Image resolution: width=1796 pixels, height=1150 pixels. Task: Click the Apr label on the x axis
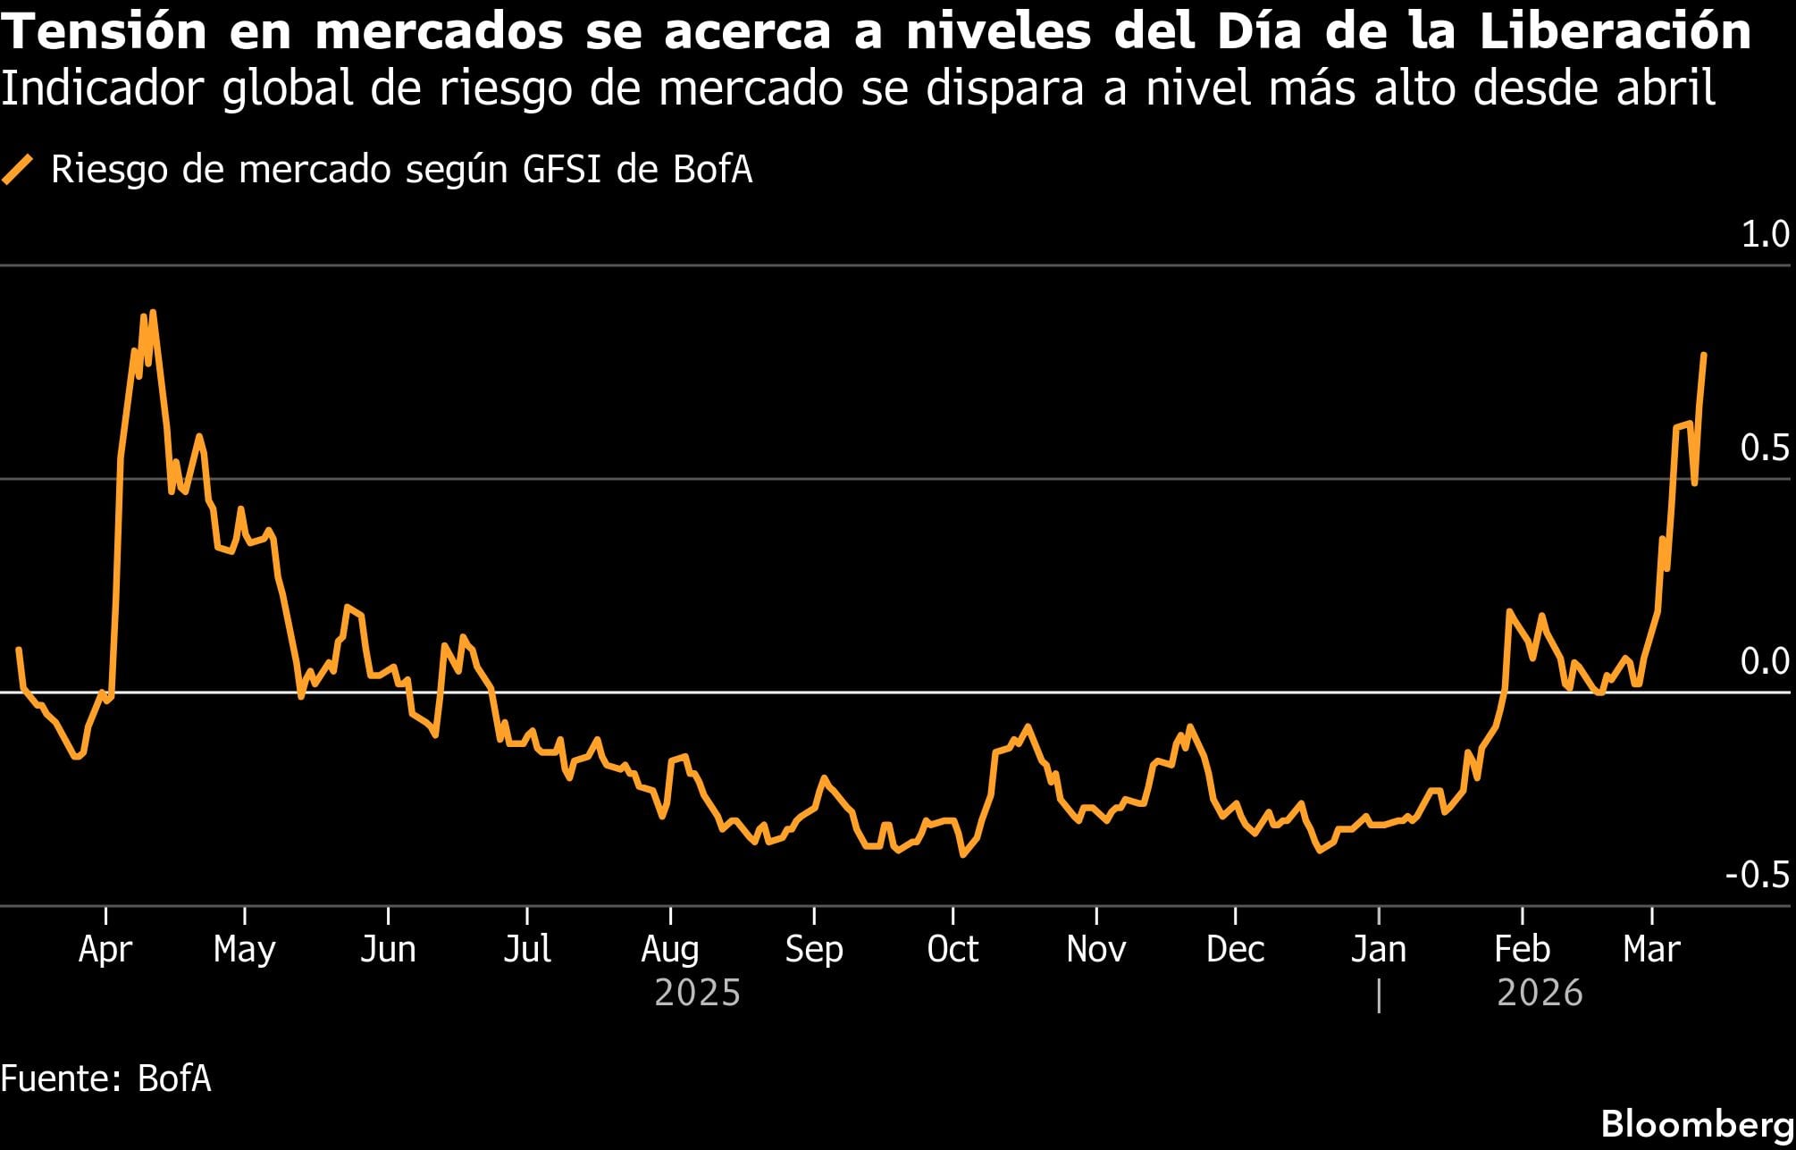(x=105, y=949)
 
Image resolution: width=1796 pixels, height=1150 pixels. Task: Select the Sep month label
(x=813, y=949)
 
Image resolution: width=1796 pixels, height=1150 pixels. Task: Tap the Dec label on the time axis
(x=1235, y=949)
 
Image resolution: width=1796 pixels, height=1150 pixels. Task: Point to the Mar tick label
(x=1651, y=949)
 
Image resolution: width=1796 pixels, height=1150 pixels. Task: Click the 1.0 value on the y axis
(x=1765, y=234)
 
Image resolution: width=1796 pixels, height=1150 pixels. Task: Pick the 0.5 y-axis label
(x=1765, y=448)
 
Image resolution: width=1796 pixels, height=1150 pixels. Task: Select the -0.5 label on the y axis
(x=1757, y=875)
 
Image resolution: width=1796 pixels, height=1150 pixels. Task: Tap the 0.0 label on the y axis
(x=1765, y=661)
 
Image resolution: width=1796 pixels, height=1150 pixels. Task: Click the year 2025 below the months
(x=698, y=994)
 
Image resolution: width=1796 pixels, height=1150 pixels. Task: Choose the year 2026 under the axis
(x=1540, y=994)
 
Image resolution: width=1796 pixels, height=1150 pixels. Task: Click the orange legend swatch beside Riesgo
(x=18, y=169)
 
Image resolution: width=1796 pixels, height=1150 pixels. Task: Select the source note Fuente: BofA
(x=105, y=1079)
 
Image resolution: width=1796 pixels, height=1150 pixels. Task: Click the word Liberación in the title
(x=1615, y=32)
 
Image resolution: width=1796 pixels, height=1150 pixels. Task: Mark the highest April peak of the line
(x=153, y=313)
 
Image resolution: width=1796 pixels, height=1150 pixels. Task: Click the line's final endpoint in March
(x=1704, y=355)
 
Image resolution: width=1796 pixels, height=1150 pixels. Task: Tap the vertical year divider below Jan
(x=1379, y=995)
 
